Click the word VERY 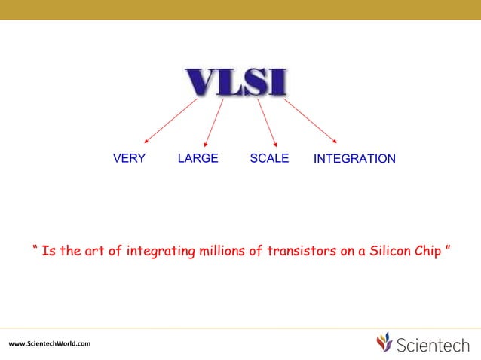coord(129,158)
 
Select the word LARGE coord(198,158)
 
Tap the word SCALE coord(269,158)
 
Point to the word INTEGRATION coord(354,159)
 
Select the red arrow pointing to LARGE coord(214,121)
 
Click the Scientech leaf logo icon coord(384,343)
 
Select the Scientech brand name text coord(434,344)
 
